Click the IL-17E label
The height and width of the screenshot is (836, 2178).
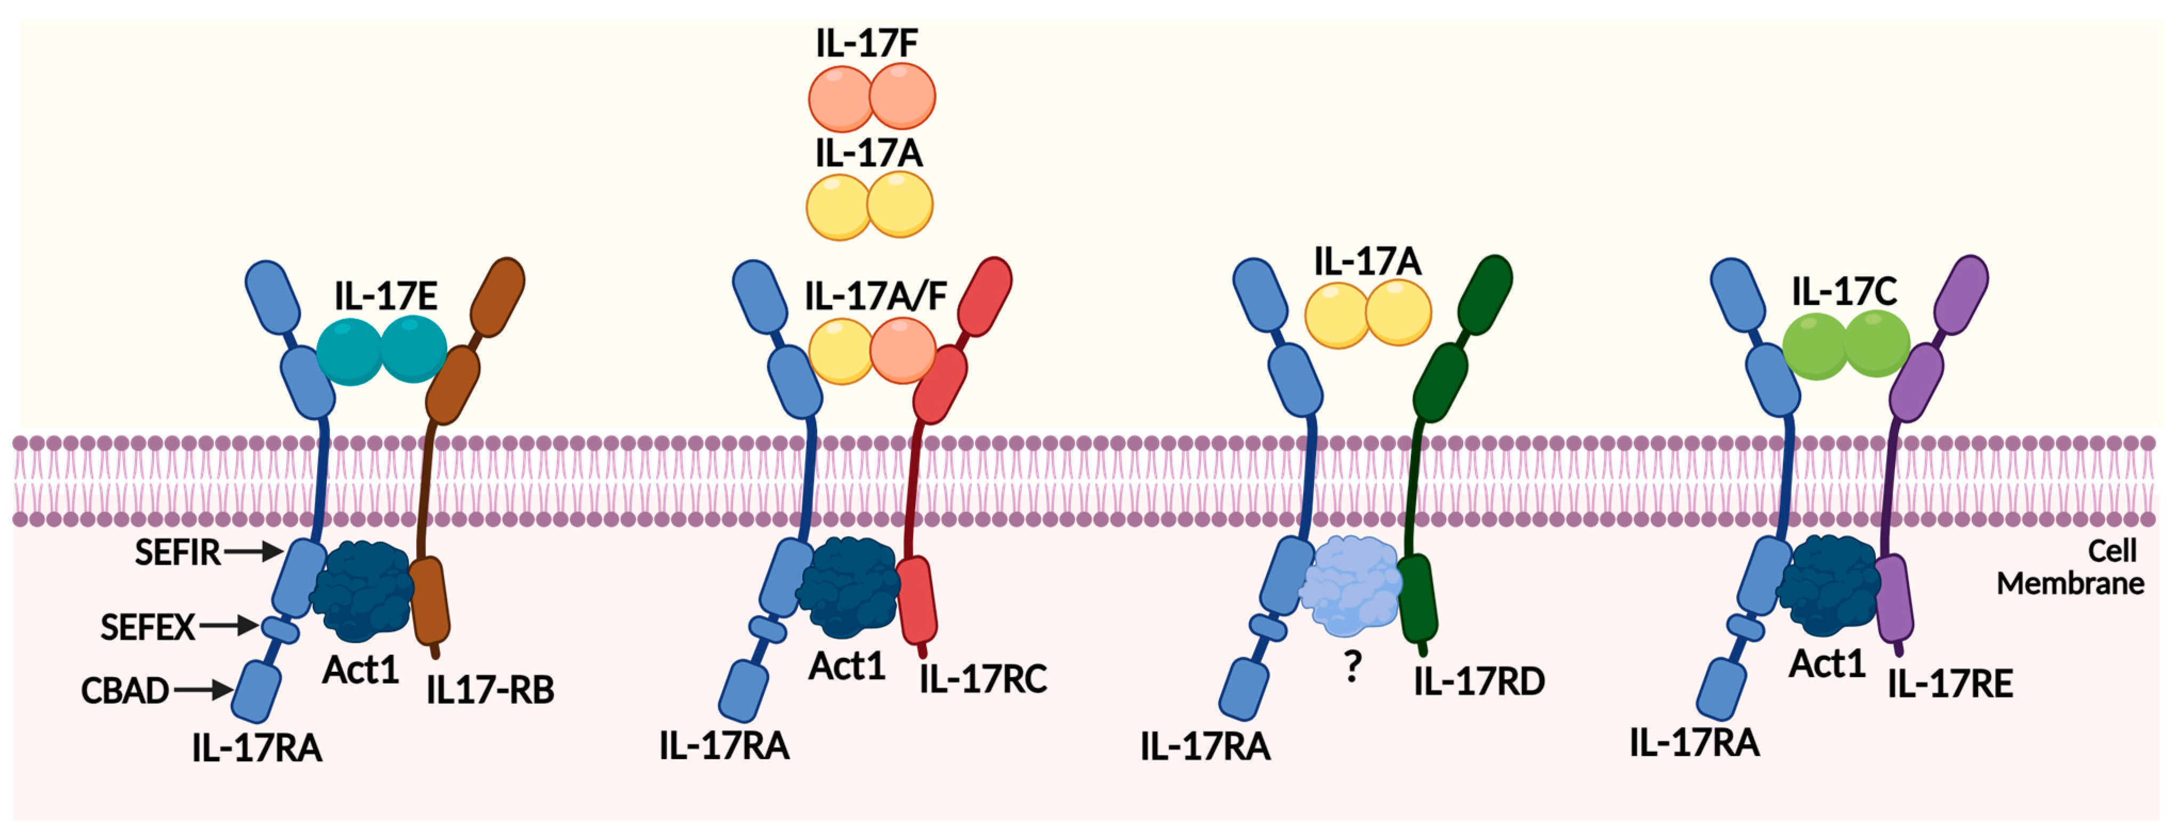point(385,296)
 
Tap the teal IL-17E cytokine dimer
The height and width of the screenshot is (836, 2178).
point(382,351)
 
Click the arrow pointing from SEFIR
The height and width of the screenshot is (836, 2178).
point(254,552)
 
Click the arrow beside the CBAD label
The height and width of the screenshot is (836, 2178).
point(204,691)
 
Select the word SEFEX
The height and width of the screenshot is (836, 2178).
point(147,627)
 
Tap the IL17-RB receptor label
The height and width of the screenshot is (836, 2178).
point(490,691)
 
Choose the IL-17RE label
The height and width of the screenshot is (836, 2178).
point(1950,684)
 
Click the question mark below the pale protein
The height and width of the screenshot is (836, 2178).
point(1353,668)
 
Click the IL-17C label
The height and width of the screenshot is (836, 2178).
point(1844,291)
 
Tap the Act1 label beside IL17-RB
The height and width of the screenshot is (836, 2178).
point(360,670)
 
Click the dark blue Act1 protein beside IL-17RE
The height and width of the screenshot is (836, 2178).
point(1828,585)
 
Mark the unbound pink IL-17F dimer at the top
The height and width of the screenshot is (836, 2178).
point(872,98)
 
